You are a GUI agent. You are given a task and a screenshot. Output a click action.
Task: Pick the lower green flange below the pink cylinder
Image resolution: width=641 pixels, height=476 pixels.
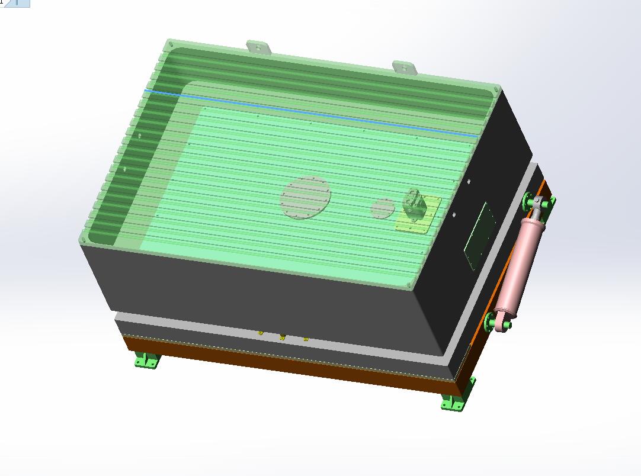coord(491,323)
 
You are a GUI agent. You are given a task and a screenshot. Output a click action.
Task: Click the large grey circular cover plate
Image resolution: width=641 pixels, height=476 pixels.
coord(305,197)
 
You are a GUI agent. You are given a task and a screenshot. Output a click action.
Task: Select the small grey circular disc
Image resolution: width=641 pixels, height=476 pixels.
coord(383,208)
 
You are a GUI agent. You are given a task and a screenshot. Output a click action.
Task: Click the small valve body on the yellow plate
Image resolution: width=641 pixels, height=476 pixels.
coord(414,204)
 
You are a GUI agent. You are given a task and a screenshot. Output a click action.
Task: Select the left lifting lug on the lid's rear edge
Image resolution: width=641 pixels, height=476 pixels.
coord(259,47)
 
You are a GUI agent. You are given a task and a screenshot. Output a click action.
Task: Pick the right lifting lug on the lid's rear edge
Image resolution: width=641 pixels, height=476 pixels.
coord(405,67)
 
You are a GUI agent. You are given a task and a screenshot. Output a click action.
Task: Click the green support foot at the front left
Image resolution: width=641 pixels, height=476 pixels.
coord(146,360)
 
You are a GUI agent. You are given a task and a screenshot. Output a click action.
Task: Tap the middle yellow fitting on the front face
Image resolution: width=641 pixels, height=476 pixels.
coord(283,337)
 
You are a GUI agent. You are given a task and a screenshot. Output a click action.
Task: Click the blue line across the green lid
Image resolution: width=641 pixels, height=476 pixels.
coord(308,112)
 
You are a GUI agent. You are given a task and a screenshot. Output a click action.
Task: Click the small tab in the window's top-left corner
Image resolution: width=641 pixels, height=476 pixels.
coord(14,3)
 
